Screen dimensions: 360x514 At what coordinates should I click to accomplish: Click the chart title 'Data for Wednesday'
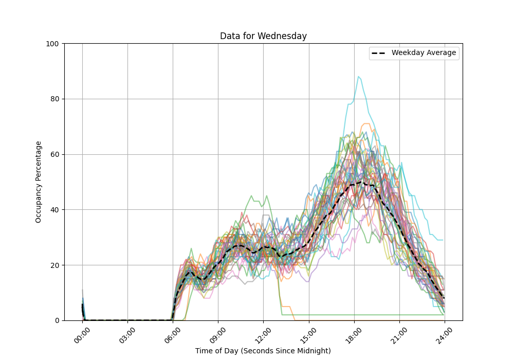pos(263,36)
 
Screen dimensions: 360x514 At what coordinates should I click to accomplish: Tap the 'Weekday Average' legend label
pos(424,53)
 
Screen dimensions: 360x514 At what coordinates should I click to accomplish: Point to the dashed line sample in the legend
pos(379,53)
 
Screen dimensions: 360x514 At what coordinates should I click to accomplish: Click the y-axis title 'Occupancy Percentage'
pos(39,182)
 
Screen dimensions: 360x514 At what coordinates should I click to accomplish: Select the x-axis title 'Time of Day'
pos(263,351)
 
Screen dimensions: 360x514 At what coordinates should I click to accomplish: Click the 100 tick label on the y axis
pos(52,44)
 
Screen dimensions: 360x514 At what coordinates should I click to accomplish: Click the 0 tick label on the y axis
pos(57,320)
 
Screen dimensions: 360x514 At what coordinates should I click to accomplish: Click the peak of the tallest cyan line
pos(359,77)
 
